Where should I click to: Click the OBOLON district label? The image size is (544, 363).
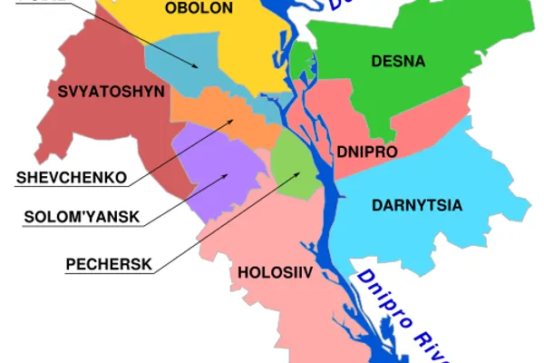[x=199, y=9]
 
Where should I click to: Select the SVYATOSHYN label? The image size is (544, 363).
[x=97, y=92]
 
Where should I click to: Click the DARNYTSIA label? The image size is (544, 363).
[x=417, y=206]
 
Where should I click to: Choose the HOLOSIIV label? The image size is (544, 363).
[x=269, y=271]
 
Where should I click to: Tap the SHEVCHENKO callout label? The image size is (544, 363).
[x=71, y=177]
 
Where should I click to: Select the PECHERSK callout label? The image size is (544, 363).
[x=109, y=265]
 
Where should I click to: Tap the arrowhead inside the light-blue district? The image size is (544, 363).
[x=198, y=66]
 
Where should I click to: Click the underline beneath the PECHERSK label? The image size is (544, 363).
[x=109, y=273]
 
